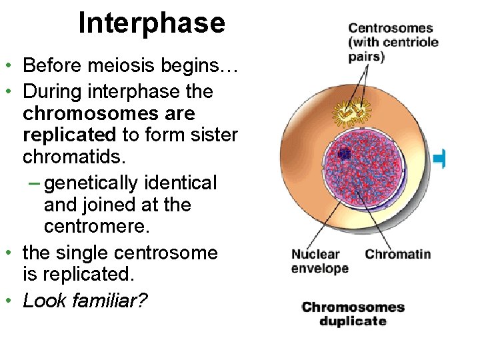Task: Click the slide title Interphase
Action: [152, 23]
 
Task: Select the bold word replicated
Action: [69, 135]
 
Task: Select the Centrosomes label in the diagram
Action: [390, 29]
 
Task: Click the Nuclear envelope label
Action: [319, 261]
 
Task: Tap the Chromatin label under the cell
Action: [398, 254]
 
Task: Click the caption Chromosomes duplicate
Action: [353, 314]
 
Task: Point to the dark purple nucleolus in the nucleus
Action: [344, 154]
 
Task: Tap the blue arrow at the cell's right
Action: [439, 158]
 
